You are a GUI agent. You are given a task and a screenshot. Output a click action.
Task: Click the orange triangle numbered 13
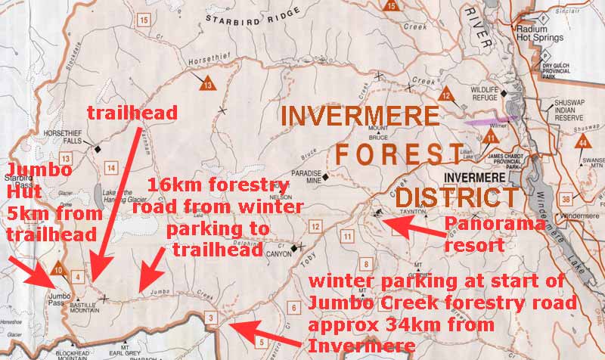[208, 85]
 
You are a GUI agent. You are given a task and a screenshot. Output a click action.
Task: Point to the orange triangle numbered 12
[447, 95]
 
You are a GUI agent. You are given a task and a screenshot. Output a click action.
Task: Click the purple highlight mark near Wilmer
[492, 119]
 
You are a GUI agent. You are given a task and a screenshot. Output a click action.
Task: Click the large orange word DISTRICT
[450, 198]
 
